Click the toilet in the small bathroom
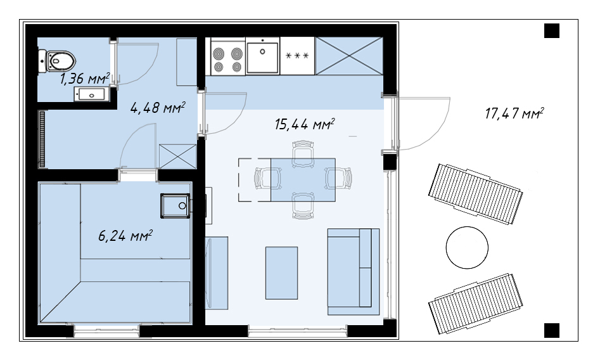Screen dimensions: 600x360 pyautogui.click(x=58, y=61)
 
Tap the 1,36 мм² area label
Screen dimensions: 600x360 pyautogui.click(x=84, y=79)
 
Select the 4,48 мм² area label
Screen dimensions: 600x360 pyautogui.click(x=158, y=108)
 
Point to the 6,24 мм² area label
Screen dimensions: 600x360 pyautogui.click(x=125, y=236)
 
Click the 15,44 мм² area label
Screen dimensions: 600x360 pyautogui.click(x=305, y=124)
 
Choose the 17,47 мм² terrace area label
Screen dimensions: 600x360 pyautogui.click(x=514, y=113)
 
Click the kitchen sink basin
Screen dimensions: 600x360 pyautogui.click(x=262, y=58)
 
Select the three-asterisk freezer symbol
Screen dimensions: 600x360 pyautogui.click(x=297, y=56)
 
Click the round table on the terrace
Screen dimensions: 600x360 pyautogui.click(x=467, y=247)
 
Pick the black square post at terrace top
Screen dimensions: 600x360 pyautogui.click(x=552, y=30)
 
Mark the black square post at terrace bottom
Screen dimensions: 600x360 pyautogui.click(x=552, y=330)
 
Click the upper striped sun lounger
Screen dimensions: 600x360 pyautogui.click(x=476, y=194)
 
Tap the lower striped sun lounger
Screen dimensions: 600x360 pyautogui.click(x=476, y=304)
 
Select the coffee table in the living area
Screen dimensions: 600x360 pyautogui.click(x=282, y=273)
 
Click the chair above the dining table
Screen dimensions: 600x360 pyautogui.click(x=303, y=153)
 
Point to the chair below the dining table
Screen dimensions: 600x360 pyautogui.click(x=303, y=205)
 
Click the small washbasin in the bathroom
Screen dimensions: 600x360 pyautogui.click(x=89, y=94)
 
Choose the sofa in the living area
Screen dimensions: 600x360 pyautogui.click(x=353, y=272)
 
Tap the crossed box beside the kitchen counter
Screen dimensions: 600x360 pyautogui.click(x=348, y=56)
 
